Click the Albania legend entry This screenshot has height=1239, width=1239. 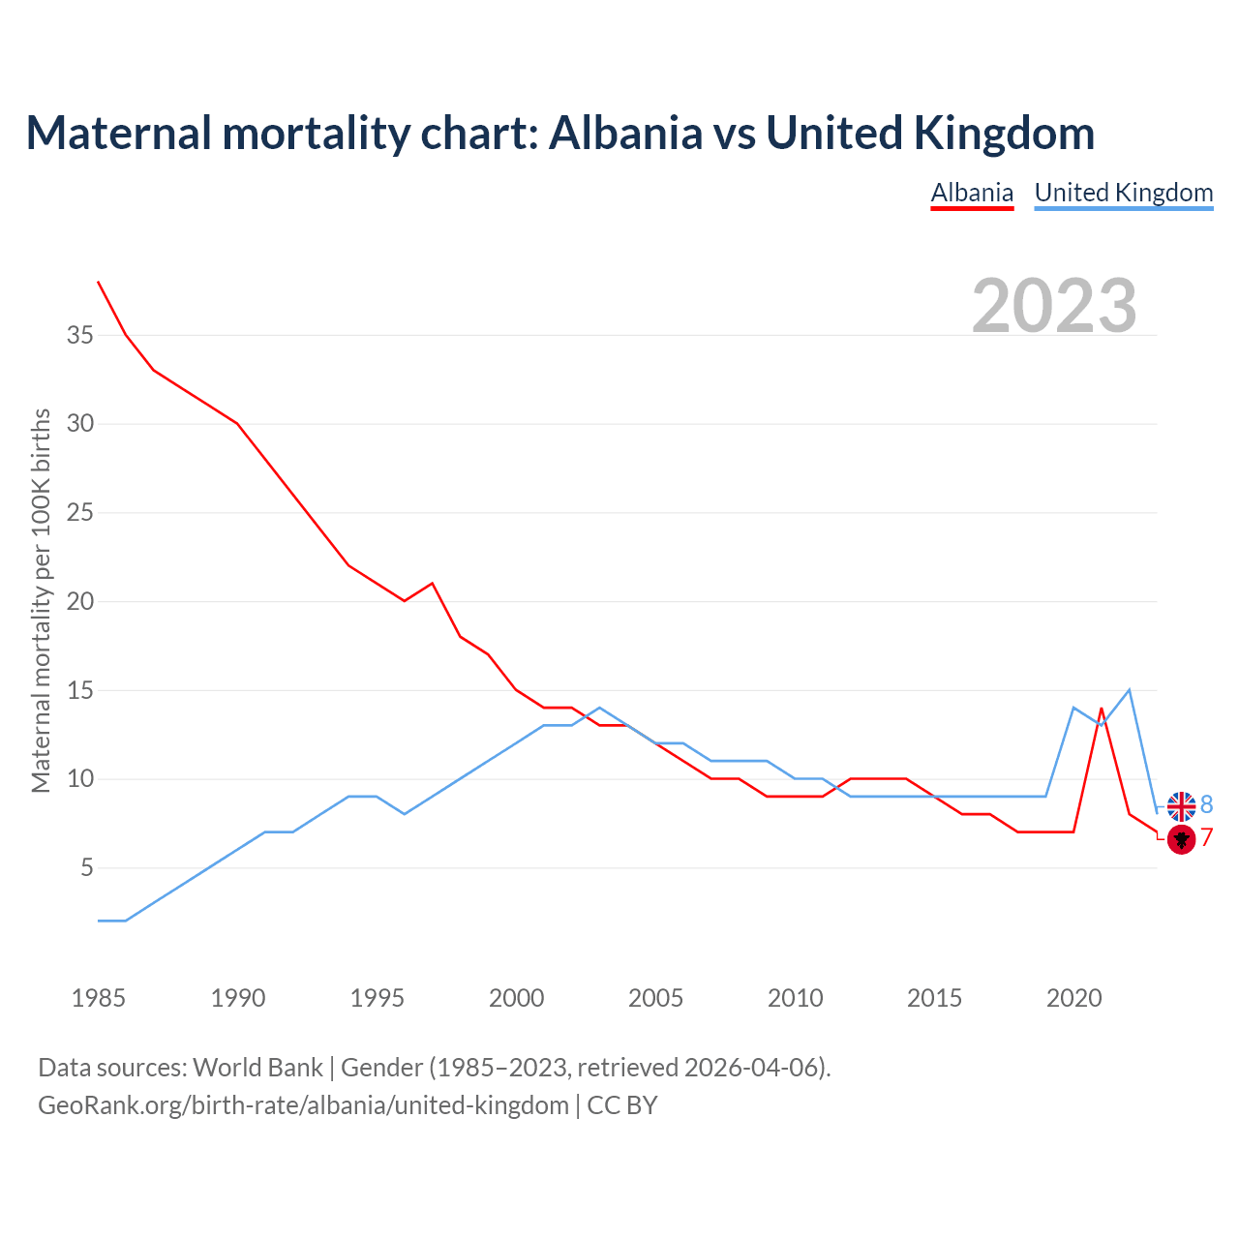pyautogui.click(x=972, y=193)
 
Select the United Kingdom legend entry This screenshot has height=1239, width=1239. pyautogui.click(x=1123, y=193)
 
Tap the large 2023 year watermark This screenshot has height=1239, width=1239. pyautogui.click(x=1054, y=305)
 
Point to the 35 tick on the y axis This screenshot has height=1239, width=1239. pyautogui.click(x=80, y=336)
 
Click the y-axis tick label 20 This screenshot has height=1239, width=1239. pyautogui.click(x=80, y=602)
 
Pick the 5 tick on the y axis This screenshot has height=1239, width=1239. pyautogui.click(x=87, y=868)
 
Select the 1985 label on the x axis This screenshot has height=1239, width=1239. pyautogui.click(x=99, y=998)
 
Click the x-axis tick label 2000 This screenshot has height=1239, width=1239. pyautogui.click(x=516, y=998)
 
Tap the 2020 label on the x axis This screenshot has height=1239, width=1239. pyautogui.click(x=1073, y=998)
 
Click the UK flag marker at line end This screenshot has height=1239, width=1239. pyautogui.click(x=1181, y=805)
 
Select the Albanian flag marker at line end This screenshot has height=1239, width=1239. pyautogui.click(x=1181, y=838)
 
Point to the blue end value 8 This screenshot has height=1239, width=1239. pyautogui.click(x=1206, y=804)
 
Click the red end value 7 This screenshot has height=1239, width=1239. pyautogui.click(x=1206, y=838)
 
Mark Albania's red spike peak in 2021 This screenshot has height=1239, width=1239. pyautogui.click(x=1102, y=709)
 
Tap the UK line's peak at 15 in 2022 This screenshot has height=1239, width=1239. pyautogui.click(x=1129, y=690)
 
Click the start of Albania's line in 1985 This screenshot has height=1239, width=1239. pyautogui.click(x=99, y=282)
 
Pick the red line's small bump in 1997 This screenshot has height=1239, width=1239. pyautogui.click(x=432, y=584)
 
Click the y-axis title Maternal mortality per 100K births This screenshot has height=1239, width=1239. pyautogui.click(x=42, y=600)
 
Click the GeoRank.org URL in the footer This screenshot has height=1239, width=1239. pyautogui.click(x=303, y=1105)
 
